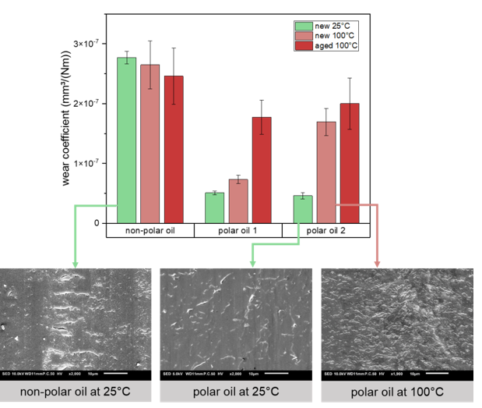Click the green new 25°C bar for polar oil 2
click(x=302, y=209)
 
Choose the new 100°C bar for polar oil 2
click(x=326, y=172)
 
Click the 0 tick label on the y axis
click(x=99, y=224)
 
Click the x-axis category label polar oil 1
click(x=237, y=232)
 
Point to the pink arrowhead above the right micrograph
click(x=377, y=264)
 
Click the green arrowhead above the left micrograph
click(x=76, y=264)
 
